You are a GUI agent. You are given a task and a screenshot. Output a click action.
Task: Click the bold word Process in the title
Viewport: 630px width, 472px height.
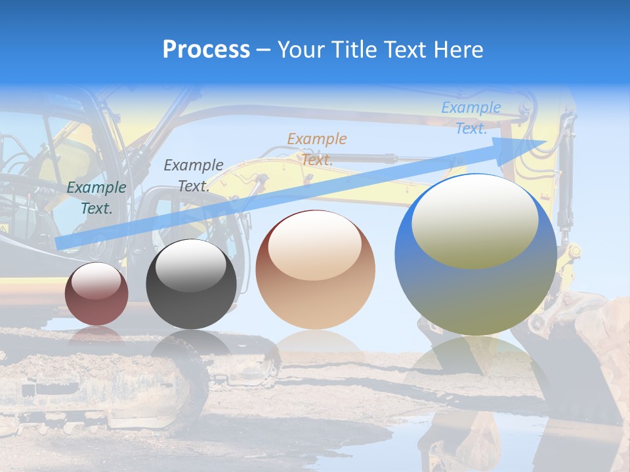[206, 50]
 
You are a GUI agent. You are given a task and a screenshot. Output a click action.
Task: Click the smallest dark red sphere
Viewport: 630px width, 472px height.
[96, 294]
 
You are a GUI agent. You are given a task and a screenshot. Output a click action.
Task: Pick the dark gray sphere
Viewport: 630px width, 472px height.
[191, 285]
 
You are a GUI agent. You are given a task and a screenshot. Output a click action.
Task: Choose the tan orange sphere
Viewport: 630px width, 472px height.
[315, 269]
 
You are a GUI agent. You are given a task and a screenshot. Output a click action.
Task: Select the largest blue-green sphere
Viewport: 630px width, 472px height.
[476, 255]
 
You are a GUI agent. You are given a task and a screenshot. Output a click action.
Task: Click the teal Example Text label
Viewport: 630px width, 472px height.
[96, 198]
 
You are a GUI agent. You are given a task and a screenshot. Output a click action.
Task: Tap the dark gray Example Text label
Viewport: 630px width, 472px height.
[193, 176]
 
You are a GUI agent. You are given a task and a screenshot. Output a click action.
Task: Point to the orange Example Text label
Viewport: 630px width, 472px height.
[317, 149]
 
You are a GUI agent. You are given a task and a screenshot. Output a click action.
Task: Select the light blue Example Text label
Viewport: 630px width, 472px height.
[471, 119]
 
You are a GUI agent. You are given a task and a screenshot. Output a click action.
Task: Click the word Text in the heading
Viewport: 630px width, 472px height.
[407, 50]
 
